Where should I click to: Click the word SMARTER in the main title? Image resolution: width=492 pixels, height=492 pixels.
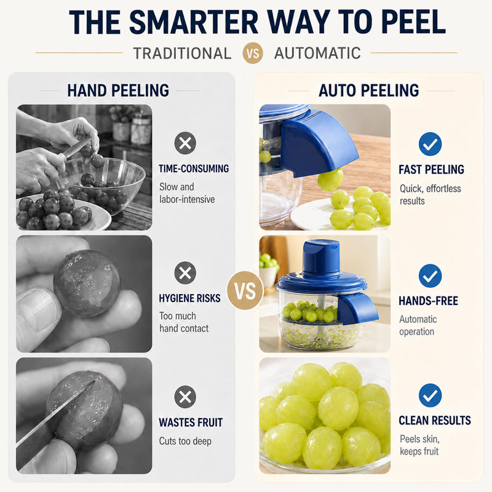pos(194,22)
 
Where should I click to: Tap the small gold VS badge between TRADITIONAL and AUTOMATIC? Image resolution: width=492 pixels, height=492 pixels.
pos(253,53)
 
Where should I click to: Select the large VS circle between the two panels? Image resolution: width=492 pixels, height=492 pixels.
pos(245,290)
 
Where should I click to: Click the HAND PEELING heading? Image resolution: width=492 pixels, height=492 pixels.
pos(118,90)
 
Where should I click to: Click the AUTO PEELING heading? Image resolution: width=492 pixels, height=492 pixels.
pos(368,90)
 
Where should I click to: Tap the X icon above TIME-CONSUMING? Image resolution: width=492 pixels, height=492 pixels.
pos(185,143)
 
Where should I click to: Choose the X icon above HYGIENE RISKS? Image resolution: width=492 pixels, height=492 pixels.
pos(185,273)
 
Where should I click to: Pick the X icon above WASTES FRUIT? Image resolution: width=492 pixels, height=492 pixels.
pos(185,397)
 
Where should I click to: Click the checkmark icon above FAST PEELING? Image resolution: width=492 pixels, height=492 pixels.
pos(430,144)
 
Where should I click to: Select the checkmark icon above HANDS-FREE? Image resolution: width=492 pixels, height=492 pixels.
pos(430,276)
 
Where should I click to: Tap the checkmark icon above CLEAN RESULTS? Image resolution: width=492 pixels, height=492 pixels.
pos(430,395)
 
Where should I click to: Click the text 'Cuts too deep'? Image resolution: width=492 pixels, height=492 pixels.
pos(185,441)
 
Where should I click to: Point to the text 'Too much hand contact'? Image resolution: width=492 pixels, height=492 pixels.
pos(184,322)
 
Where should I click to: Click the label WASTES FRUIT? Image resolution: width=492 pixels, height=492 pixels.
pos(191,423)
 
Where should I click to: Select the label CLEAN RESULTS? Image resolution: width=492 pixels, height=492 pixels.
pos(435,421)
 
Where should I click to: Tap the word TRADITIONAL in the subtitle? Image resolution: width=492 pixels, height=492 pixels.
pos(182,54)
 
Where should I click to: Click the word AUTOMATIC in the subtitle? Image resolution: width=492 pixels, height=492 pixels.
pos(317,53)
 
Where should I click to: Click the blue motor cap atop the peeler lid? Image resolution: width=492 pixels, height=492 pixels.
pos(321,256)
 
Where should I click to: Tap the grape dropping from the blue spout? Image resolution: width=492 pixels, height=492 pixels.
pos(330,180)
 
